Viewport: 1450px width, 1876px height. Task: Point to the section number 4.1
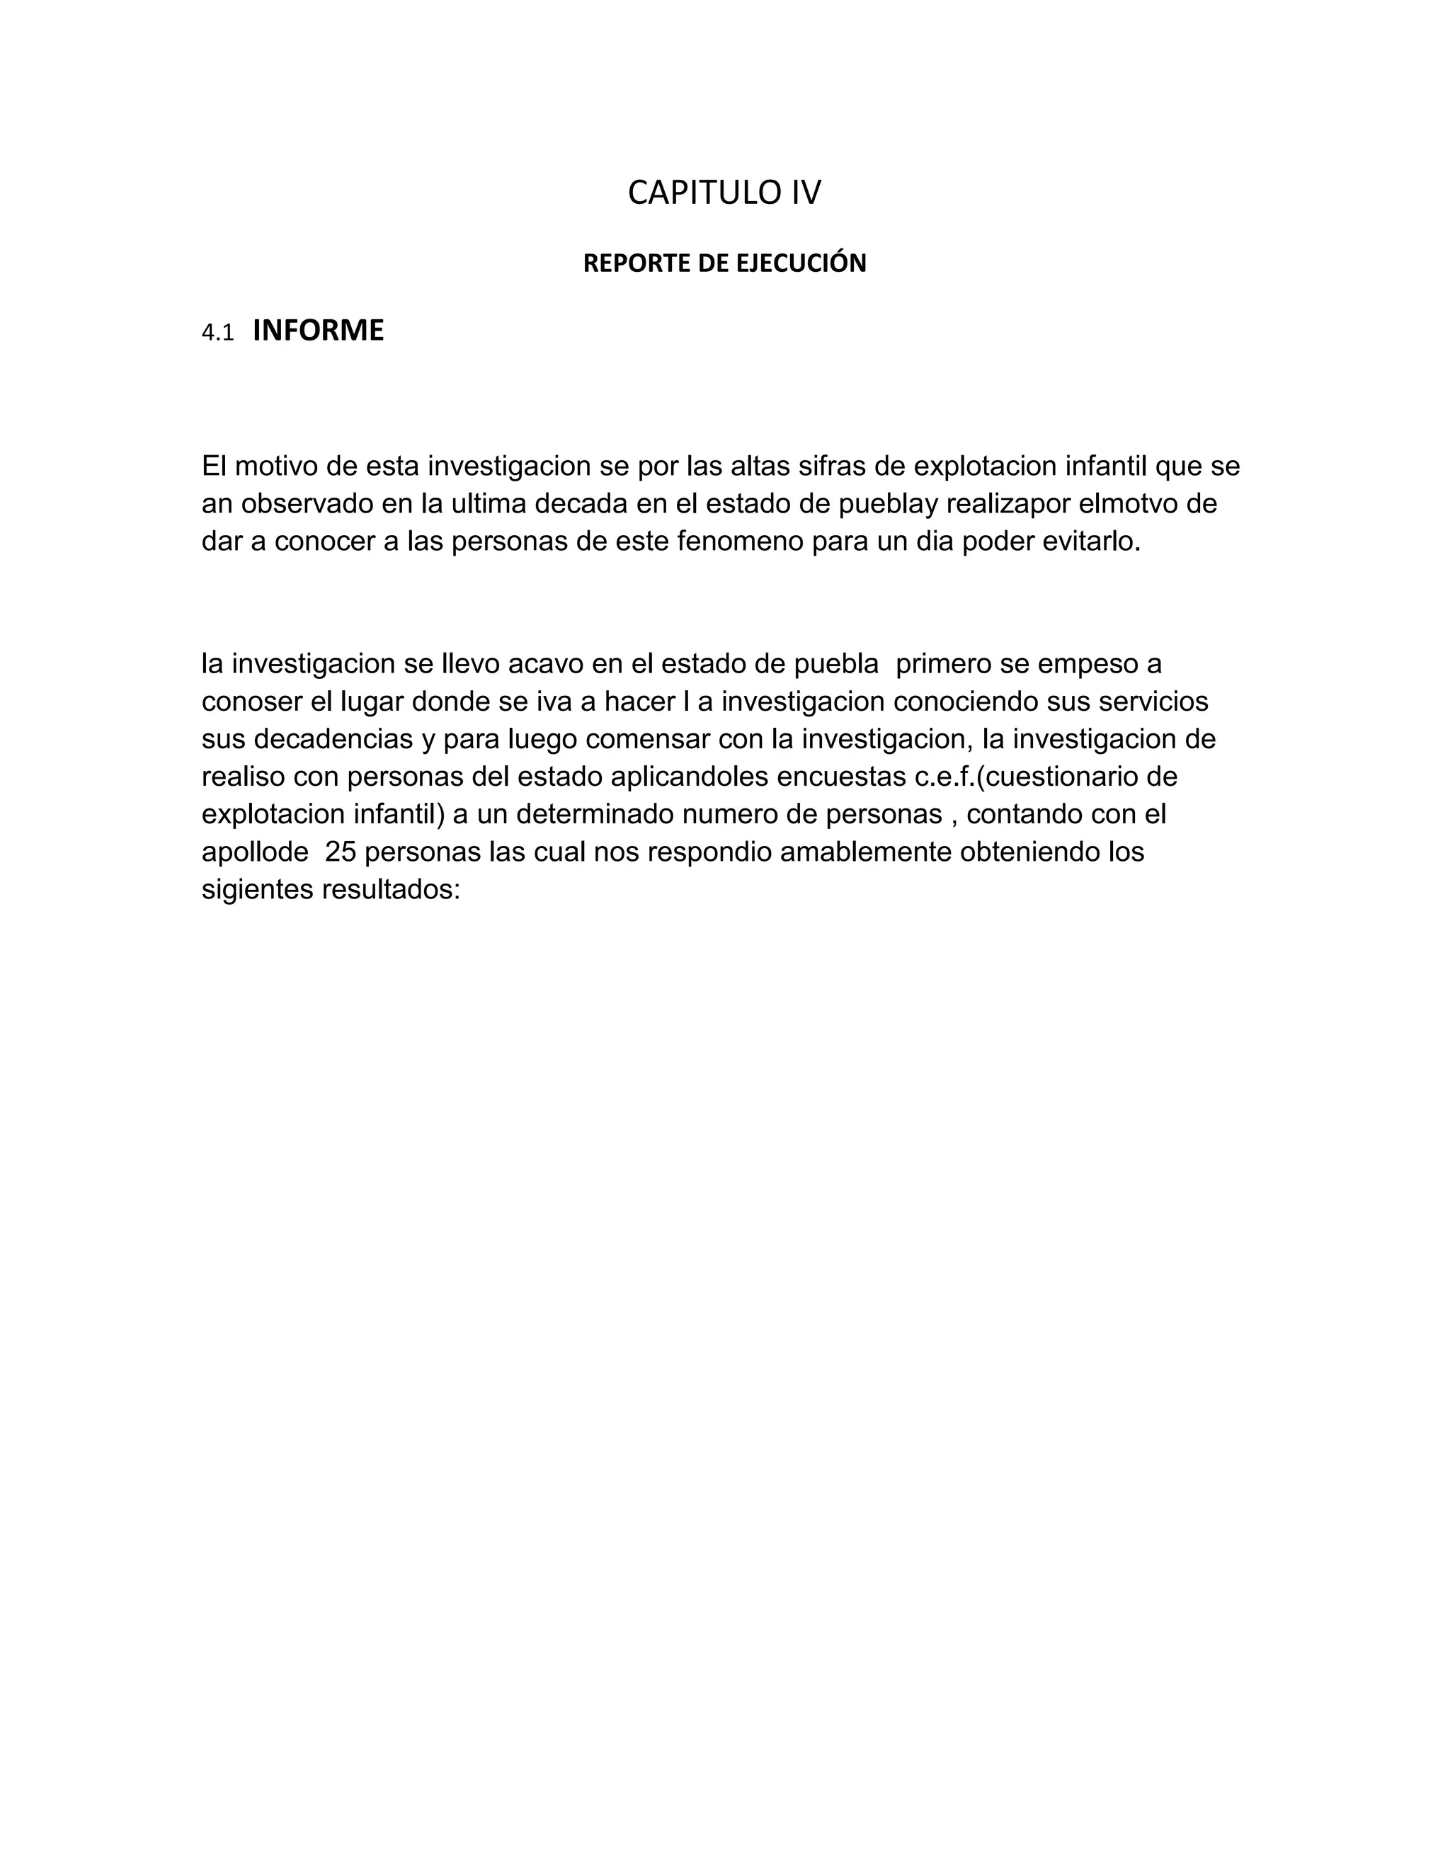click(x=217, y=333)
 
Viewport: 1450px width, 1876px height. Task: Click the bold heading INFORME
click(x=318, y=331)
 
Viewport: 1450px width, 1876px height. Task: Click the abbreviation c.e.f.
click(x=937, y=777)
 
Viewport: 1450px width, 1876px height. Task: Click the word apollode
click(x=255, y=853)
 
